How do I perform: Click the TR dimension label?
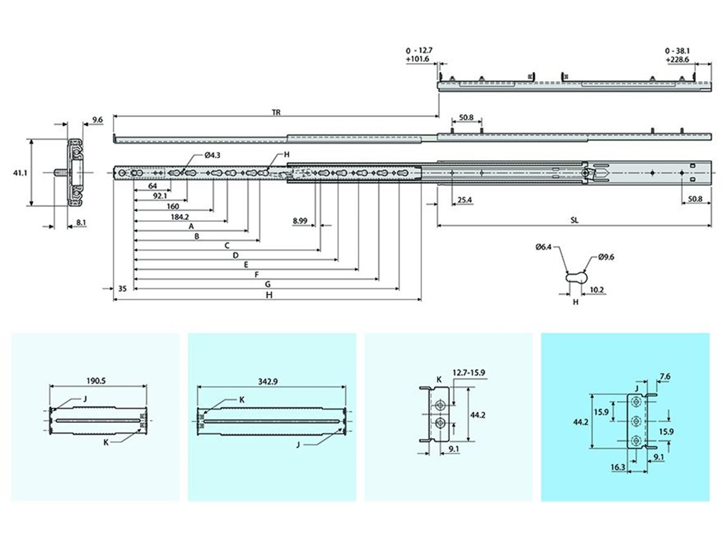276,112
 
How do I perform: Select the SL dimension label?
574,221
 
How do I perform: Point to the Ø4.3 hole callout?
212,155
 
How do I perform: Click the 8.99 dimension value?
299,221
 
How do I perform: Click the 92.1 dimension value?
160,196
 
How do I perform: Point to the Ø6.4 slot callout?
544,247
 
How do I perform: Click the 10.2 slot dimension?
597,289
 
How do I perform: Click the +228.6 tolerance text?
679,60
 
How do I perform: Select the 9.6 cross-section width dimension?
98,120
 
